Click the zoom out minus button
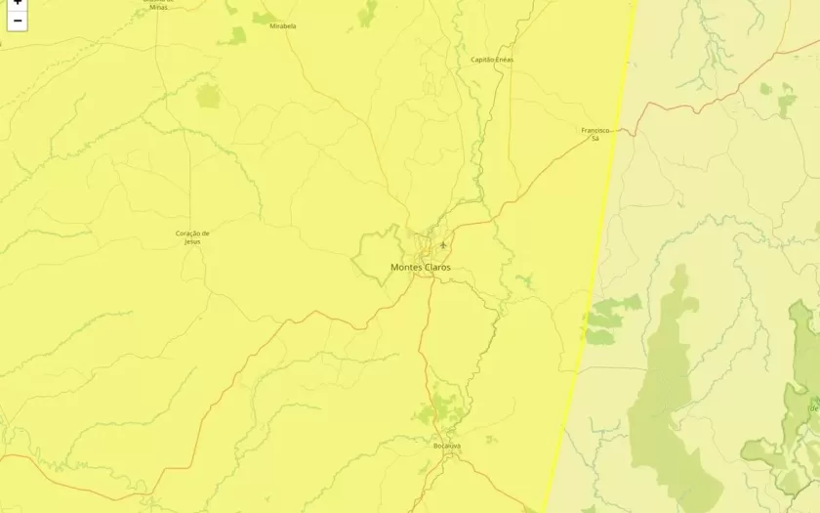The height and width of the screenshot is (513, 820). [17, 21]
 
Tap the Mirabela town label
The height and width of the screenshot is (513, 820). [283, 26]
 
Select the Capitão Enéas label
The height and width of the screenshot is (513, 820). [492, 60]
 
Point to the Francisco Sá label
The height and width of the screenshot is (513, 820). [595, 134]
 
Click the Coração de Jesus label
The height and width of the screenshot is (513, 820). [192, 236]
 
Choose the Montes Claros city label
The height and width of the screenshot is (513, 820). [421, 267]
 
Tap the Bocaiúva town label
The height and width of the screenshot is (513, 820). [447, 446]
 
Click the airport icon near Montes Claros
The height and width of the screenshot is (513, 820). [443, 244]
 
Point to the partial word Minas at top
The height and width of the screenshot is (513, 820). [158, 6]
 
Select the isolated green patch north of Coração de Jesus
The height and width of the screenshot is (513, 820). [209, 96]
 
